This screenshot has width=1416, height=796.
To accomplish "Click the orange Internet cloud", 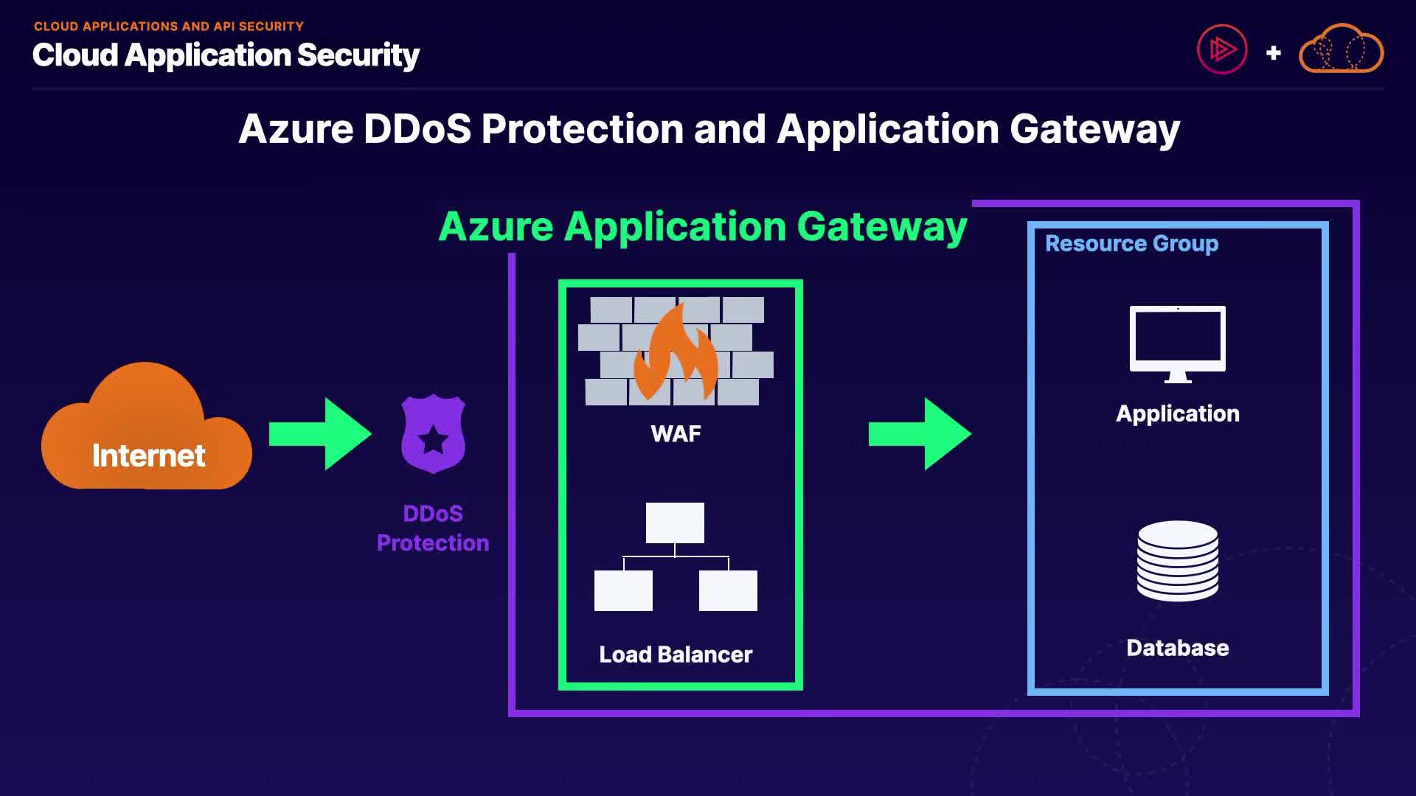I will click(146, 431).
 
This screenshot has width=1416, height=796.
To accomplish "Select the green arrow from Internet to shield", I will click(320, 434).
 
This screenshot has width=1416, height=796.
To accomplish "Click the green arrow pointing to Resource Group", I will click(920, 434).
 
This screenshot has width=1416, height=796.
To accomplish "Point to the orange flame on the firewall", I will click(676, 353).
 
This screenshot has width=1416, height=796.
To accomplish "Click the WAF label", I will click(676, 434).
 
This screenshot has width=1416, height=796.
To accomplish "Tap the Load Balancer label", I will click(676, 654).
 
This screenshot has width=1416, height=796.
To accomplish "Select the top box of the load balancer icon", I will click(675, 523).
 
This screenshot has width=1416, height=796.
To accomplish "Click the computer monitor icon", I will click(1178, 343).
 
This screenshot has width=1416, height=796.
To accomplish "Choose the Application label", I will click(1178, 413).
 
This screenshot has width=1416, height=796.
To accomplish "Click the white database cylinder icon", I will click(1178, 561).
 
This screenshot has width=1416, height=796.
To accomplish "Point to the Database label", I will click(1178, 648).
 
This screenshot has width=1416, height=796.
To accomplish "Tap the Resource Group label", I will click(1131, 243).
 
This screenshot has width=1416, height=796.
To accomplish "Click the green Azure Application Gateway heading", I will click(702, 226).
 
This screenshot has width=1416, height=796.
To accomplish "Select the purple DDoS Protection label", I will click(433, 528).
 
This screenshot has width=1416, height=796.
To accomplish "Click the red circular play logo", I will click(1222, 49).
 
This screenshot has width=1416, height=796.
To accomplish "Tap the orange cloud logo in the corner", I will click(1341, 49).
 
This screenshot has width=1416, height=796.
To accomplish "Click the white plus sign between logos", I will click(1273, 53).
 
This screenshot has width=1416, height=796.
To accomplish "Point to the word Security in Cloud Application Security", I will click(358, 55).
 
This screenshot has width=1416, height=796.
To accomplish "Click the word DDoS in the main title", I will click(417, 129).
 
